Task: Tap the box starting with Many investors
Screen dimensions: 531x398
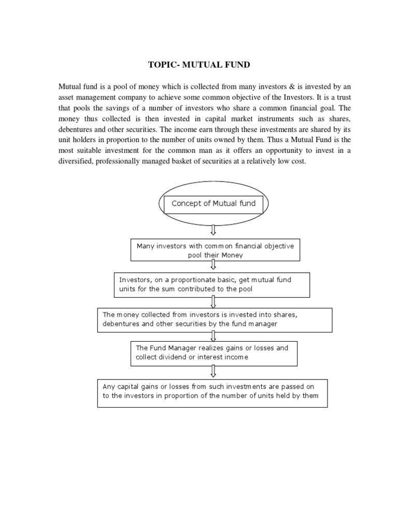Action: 215,250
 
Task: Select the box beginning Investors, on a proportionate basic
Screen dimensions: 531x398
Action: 211,284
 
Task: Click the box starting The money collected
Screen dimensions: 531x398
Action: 215,319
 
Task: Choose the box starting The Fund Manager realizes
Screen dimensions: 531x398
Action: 213,353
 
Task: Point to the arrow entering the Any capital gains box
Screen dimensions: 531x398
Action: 213,372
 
